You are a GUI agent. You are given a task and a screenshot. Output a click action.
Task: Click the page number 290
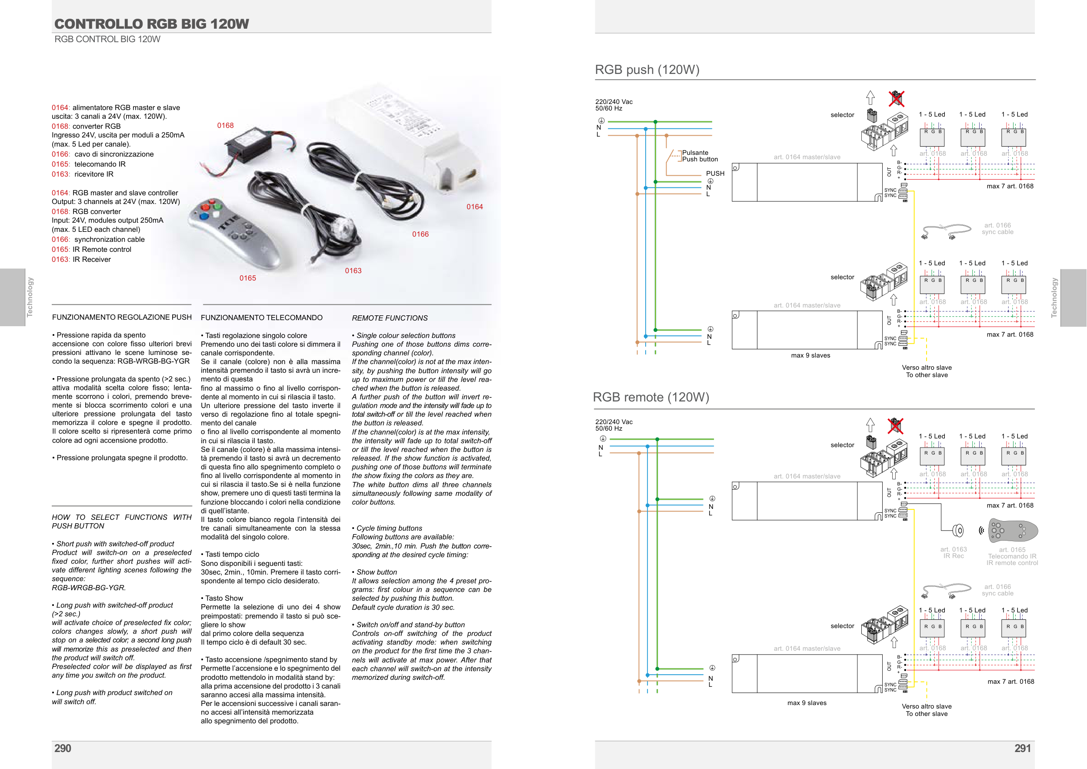click(63, 749)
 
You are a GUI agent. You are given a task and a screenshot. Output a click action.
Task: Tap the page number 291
click(1022, 749)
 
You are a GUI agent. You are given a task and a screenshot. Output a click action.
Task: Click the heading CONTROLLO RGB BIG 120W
click(151, 23)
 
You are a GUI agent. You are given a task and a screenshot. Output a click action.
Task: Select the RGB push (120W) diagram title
click(647, 70)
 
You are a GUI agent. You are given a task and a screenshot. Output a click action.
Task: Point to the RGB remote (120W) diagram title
click(651, 397)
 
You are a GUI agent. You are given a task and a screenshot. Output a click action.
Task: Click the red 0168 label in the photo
click(225, 125)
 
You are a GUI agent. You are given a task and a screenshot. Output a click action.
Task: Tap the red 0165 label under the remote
click(247, 278)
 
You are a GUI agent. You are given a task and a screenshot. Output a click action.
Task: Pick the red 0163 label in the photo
click(353, 271)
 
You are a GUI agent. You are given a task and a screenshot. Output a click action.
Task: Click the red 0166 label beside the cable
click(420, 234)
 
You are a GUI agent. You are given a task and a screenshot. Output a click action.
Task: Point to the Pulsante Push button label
click(700, 156)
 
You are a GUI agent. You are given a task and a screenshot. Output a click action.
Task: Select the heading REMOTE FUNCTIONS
click(390, 318)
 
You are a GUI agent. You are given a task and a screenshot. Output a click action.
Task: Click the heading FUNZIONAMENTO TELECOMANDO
click(261, 318)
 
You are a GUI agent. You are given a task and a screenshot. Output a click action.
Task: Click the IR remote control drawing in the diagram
click(1013, 531)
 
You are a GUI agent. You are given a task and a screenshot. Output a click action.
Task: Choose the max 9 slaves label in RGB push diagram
click(810, 356)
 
